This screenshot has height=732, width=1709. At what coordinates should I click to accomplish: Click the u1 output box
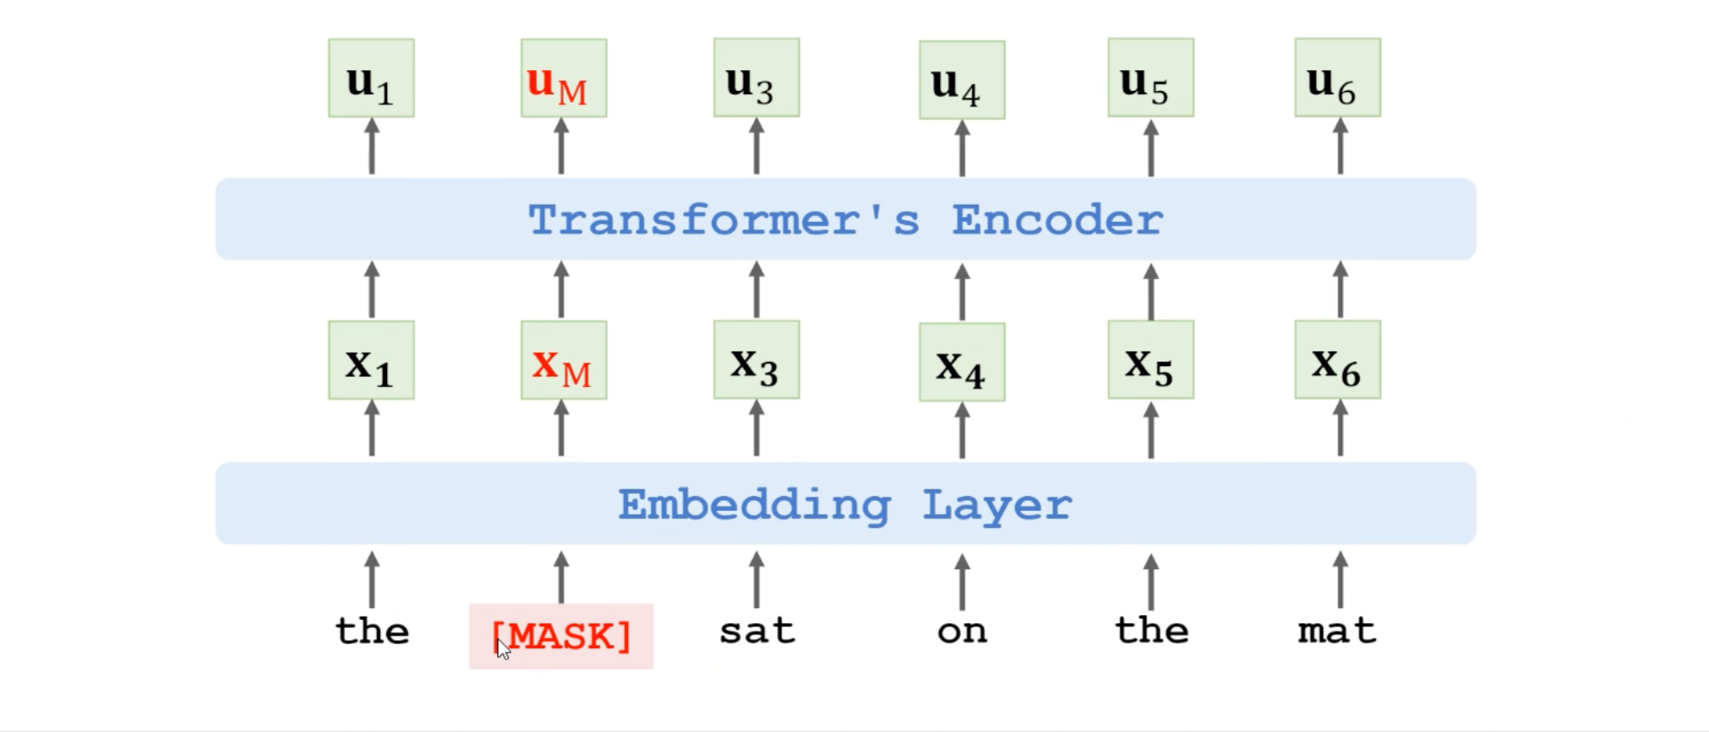372,78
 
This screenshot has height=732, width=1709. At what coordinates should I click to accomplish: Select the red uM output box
563,78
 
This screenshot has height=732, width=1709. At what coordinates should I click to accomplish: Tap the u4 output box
962,80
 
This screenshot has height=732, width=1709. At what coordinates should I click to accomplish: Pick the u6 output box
1337,77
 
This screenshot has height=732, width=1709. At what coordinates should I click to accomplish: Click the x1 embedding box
372,360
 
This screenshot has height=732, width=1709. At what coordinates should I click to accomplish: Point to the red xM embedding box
563,360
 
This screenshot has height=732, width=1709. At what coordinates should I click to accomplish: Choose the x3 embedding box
756,360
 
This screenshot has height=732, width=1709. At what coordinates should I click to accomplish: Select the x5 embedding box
1150,360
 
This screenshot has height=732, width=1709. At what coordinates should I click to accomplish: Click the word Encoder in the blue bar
1057,220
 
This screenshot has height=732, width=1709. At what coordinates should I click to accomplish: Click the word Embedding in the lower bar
754,506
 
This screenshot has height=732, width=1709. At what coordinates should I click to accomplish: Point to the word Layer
996,506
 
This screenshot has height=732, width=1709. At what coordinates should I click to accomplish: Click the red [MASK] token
561,636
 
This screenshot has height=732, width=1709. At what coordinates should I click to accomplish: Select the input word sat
756,630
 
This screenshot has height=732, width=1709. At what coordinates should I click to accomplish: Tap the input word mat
1337,630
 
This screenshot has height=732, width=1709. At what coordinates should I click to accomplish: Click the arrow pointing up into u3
756,146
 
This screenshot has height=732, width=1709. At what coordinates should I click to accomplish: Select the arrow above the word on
962,581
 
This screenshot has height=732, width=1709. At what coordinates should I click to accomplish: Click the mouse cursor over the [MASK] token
503,649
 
